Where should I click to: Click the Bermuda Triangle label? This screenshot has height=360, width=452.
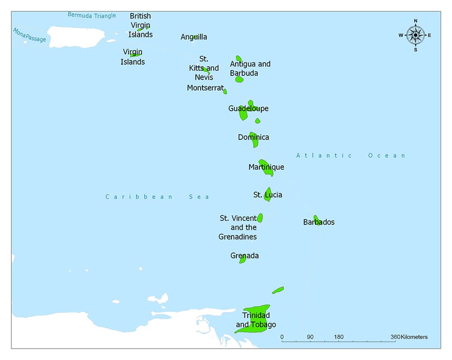pos(92,15)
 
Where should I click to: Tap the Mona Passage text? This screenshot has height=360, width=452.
pos(29,35)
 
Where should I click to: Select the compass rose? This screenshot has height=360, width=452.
pos(415,35)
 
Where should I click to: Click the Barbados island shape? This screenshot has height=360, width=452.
pos(317,220)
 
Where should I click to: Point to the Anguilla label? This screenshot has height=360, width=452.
pos(194,37)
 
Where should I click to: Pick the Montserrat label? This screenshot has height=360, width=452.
pos(205,88)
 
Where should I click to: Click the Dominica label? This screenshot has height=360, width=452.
pos(254,137)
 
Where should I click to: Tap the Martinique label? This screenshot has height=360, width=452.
pos(266,167)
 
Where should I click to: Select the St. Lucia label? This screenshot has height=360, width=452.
pos(268,195)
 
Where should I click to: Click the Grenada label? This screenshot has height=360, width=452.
pos(245,256)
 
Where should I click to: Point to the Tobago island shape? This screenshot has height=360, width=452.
pos(278,290)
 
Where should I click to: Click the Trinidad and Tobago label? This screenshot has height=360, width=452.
pos(256,320)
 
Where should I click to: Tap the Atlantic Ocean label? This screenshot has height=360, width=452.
pos(351,155)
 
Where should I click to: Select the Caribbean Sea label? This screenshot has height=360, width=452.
pos(157,196)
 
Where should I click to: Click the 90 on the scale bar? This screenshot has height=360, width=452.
pos(310,337)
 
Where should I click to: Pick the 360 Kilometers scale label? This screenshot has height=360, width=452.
pos(409,337)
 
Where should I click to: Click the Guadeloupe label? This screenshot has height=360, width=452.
pos(248,108)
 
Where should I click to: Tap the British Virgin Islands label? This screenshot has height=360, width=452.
pos(140,25)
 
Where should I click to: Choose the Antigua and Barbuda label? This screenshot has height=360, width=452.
pos(250,69)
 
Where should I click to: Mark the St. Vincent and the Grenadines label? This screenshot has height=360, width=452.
pos(238,228)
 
